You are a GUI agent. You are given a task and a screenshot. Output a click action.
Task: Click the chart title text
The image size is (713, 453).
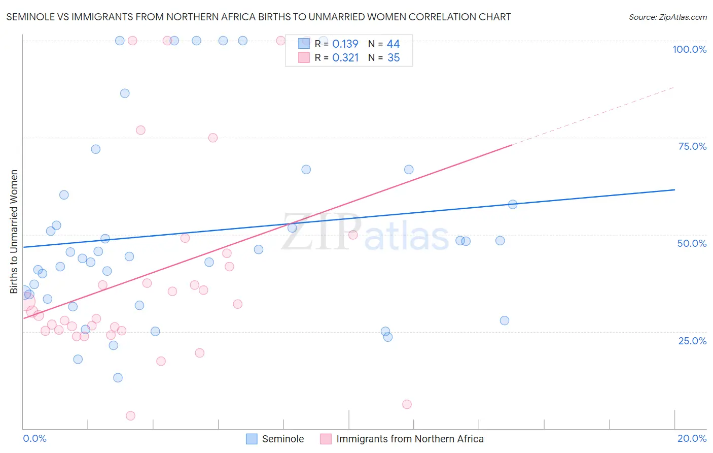(x=259, y=17)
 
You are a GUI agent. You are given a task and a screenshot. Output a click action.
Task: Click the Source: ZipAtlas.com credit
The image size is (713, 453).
(x=667, y=17)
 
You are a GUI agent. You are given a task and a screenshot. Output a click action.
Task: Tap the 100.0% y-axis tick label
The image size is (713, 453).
(x=689, y=49)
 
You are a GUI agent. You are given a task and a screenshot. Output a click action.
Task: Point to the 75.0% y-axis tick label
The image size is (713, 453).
(x=692, y=146)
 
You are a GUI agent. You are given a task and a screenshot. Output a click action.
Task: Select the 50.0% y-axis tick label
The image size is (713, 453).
(x=692, y=243)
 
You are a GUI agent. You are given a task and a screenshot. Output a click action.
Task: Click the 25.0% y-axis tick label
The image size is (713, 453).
(x=692, y=341)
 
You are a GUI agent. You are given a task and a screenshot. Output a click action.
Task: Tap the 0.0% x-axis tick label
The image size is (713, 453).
(x=34, y=438)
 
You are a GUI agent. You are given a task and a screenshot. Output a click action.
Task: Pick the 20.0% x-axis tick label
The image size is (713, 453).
(x=692, y=438)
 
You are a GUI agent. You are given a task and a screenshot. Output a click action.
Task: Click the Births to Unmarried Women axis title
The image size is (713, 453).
(x=14, y=232)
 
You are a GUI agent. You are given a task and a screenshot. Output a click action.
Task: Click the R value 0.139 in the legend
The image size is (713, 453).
(x=345, y=44)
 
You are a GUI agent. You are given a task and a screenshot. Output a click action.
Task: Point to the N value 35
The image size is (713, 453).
(x=394, y=58)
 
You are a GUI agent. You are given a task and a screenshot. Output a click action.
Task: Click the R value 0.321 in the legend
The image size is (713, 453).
(x=345, y=58)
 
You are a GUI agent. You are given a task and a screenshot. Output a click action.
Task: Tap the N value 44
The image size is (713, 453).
(x=393, y=44)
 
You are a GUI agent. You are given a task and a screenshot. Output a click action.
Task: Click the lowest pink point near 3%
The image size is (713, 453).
(x=130, y=416)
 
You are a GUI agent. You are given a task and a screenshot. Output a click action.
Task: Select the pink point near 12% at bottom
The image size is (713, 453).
(x=407, y=404)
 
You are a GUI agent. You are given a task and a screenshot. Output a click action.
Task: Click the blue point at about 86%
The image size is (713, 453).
(x=125, y=93)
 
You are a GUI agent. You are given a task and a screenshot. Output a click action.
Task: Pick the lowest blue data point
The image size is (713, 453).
(x=118, y=378)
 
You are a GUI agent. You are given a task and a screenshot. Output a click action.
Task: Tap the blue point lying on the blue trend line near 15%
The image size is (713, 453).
(x=513, y=205)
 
